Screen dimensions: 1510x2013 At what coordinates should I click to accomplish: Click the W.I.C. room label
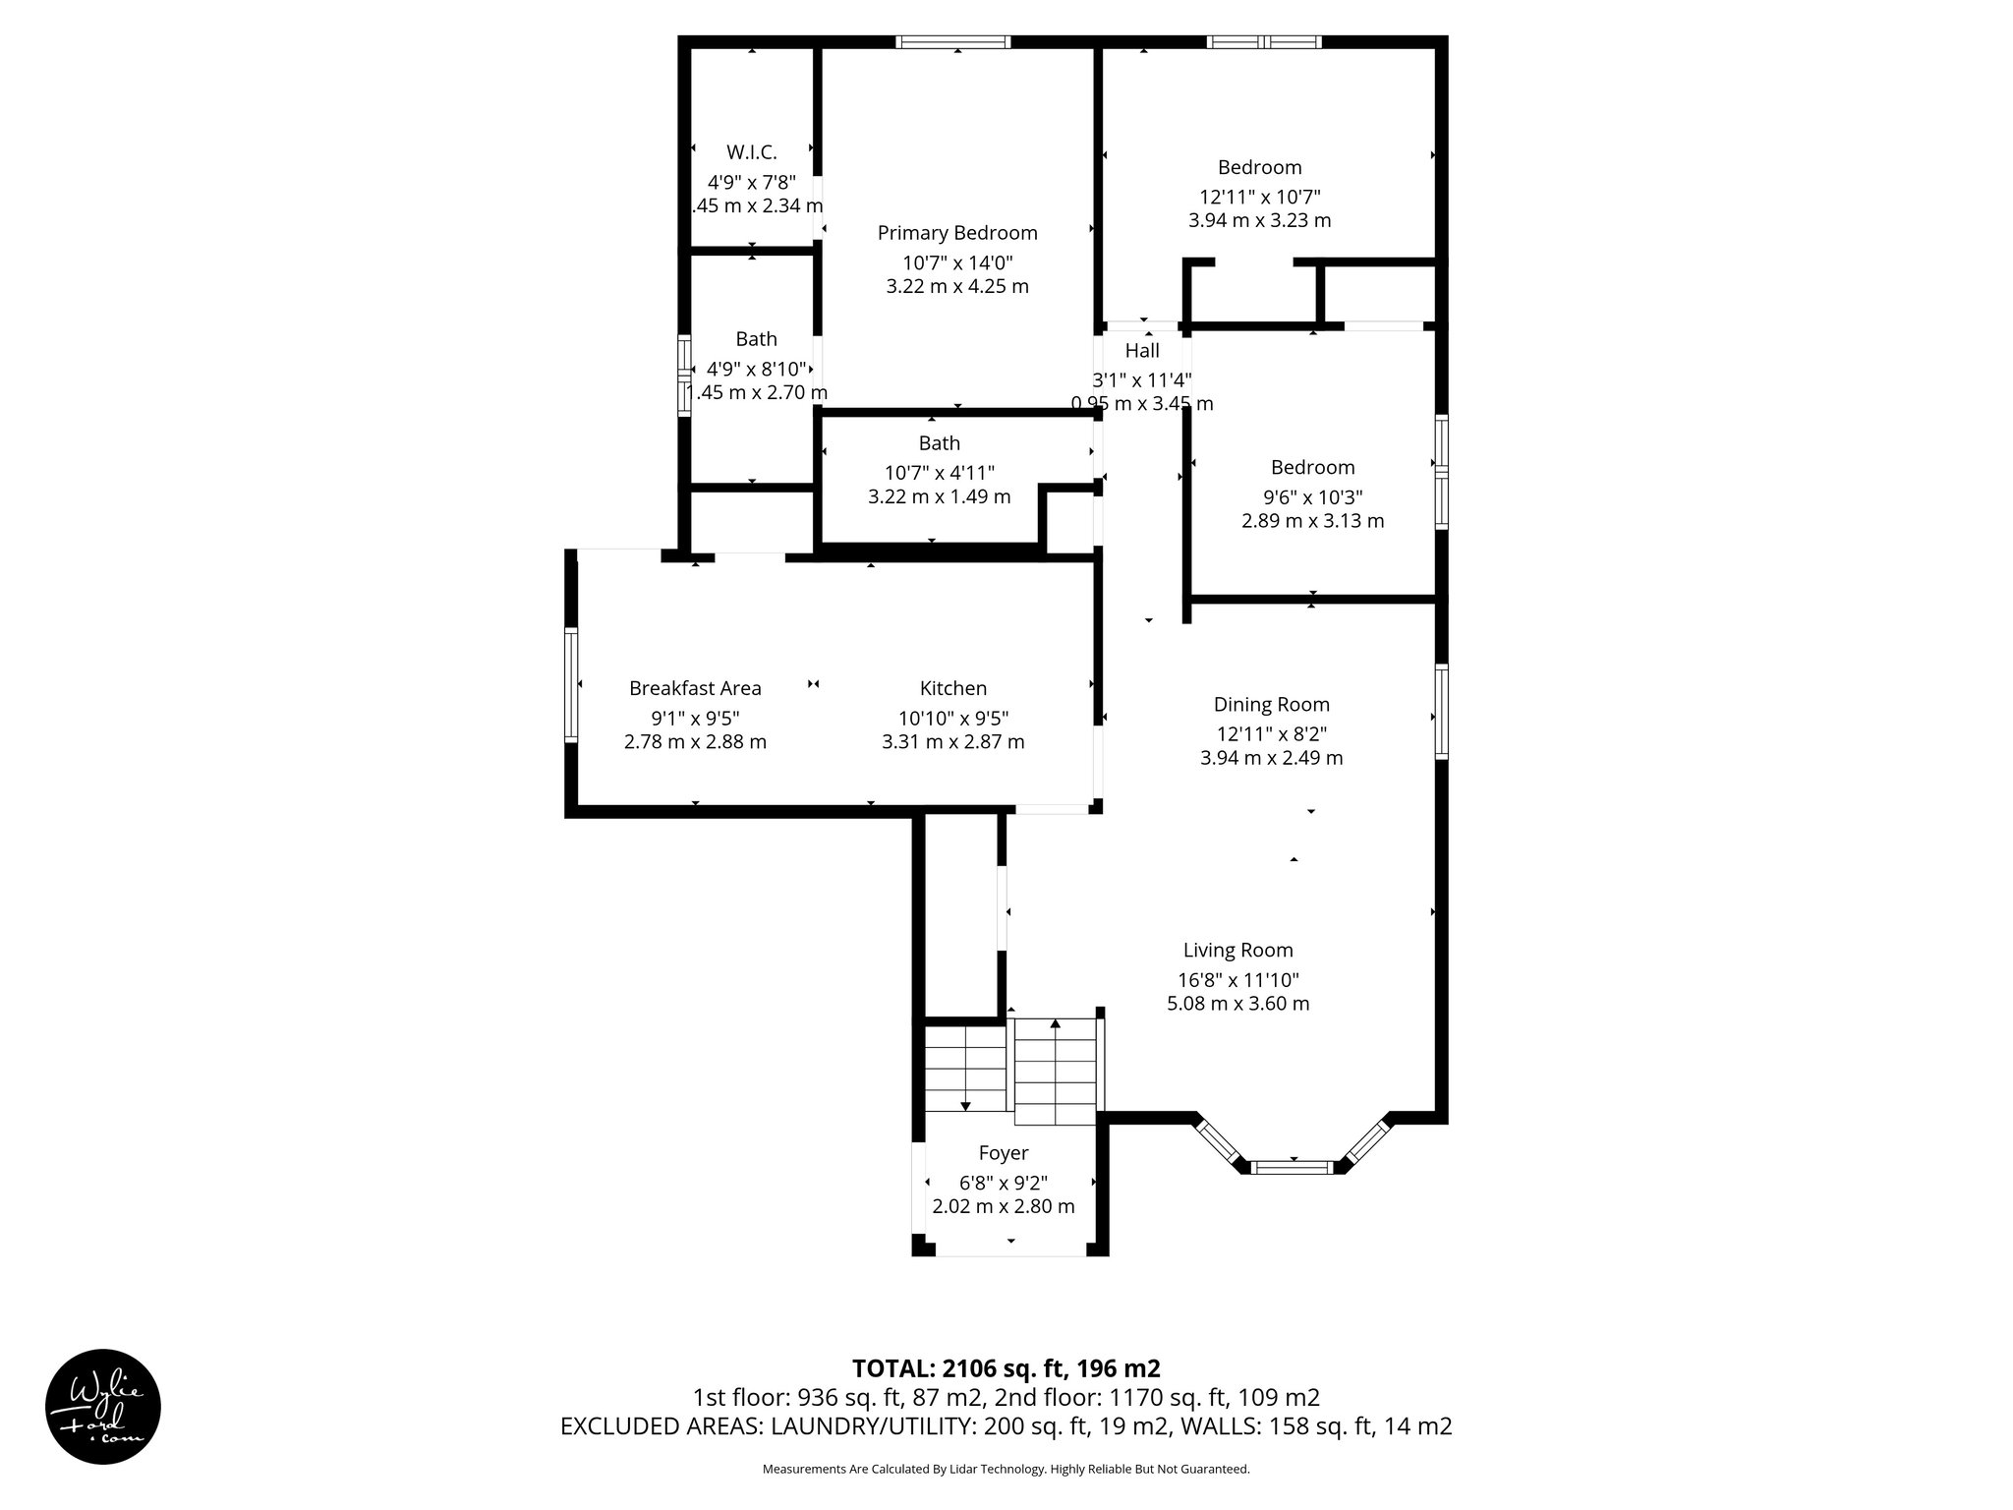pos(752,152)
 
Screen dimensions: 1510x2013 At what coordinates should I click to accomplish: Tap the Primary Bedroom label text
pos(957,233)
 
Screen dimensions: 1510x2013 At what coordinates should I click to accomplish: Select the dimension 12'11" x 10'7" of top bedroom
pos(1259,196)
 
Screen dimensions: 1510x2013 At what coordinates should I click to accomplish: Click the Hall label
pos(1142,351)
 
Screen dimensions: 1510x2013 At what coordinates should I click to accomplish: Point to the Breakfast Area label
pos(695,688)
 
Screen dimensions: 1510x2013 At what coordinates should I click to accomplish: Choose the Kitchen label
pos(953,688)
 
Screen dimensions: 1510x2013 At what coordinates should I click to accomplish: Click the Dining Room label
pos(1271,704)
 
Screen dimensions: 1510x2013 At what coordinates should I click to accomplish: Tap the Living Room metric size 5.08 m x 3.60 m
pos(1237,1004)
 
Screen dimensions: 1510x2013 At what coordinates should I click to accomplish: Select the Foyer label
pos(1004,1152)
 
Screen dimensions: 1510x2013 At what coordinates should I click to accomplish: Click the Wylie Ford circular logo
pos(103,1407)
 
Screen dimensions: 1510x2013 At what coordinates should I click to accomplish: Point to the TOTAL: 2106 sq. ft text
pos(1006,1368)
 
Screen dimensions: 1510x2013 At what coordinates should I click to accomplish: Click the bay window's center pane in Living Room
pos(1293,1168)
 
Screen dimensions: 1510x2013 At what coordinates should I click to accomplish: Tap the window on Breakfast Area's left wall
pos(570,685)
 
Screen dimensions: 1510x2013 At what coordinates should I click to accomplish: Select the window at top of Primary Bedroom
pos(952,42)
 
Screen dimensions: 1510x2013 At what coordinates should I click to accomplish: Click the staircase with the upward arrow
pos(1055,1072)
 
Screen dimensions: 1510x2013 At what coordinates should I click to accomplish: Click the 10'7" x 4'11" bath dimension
pos(939,472)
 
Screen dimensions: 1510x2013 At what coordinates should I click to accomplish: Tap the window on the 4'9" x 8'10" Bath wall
pos(684,376)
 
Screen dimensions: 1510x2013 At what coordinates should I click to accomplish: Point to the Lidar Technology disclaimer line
pos(1006,1469)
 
